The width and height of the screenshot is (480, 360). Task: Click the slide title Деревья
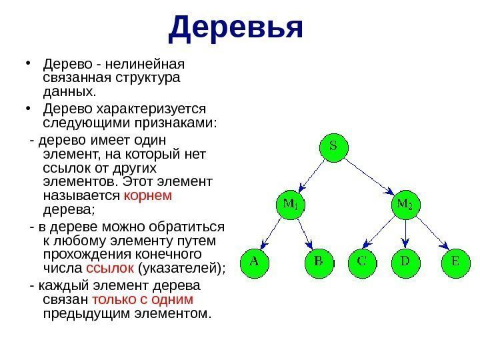pos(236,28)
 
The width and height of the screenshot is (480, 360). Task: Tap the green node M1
pos(289,205)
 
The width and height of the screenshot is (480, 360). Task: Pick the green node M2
pos(404,205)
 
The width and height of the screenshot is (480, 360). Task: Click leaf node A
pos(254,263)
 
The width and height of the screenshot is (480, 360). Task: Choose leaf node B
pos(318,263)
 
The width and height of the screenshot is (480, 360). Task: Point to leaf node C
pos(361,263)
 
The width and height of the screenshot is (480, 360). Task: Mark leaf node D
pos(405,263)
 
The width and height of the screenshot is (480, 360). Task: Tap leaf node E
pos(455,263)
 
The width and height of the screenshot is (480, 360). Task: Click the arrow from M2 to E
pos(430,234)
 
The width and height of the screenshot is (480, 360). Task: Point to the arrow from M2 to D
pos(405,234)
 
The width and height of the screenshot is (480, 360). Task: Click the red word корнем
pos(148,195)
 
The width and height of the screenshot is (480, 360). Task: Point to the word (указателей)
pos(180,268)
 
